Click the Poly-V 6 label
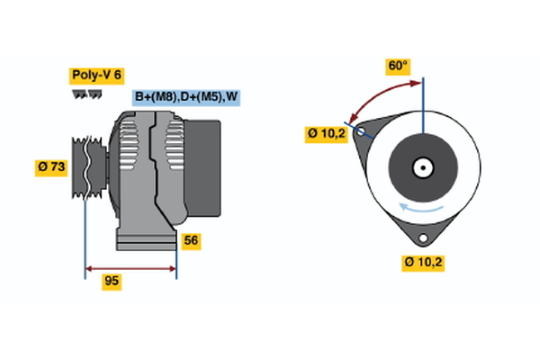[x=95, y=76]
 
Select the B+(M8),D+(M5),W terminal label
[x=186, y=97]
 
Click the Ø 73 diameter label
[x=51, y=166]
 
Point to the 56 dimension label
[x=190, y=240]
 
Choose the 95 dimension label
[x=112, y=282]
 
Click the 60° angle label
[x=398, y=66]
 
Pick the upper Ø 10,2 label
[x=327, y=134]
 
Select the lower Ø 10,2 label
[x=424, y=263]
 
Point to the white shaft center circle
[x=422, y=167]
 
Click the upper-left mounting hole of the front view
[x=362, y=132]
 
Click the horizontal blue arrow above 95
[x=130, y=268]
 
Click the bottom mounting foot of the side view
[x=145, y=239]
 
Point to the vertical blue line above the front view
[x=423, y=103]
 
